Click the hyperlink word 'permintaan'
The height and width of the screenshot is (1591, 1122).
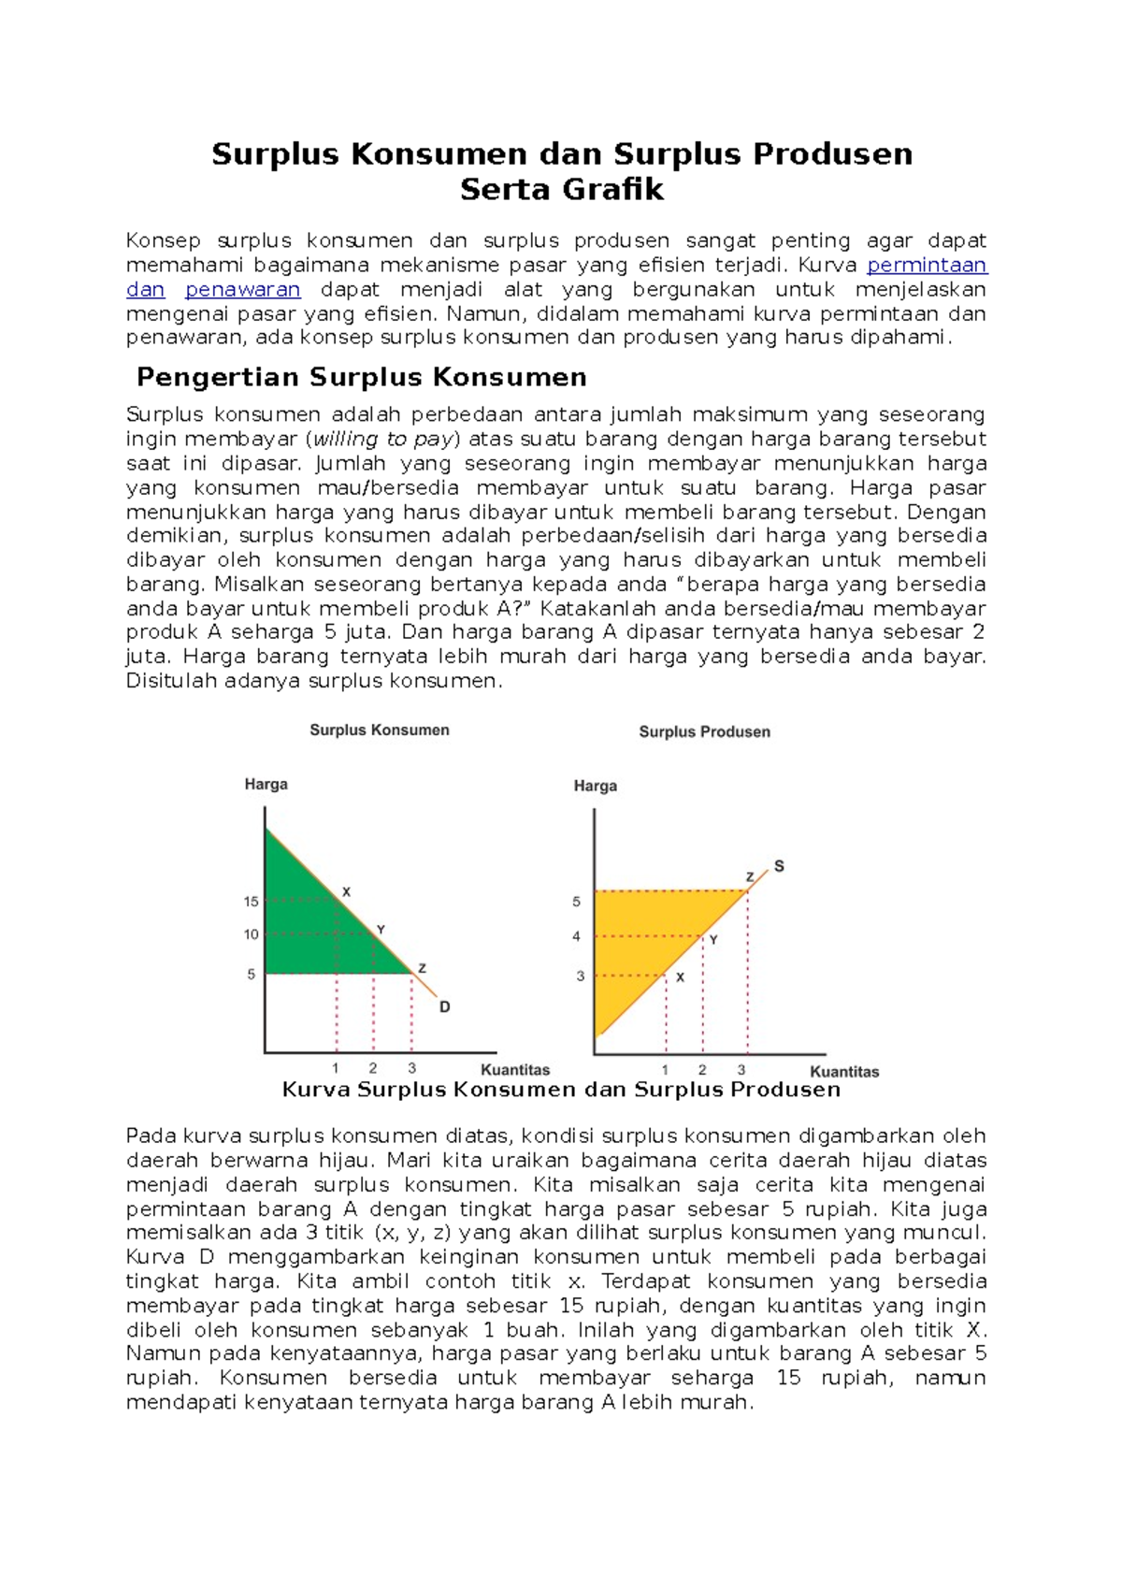pos(927,266)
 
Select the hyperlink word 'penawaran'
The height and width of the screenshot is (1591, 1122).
pos(242,290)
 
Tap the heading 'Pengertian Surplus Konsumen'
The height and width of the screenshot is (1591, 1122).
pos(361,377)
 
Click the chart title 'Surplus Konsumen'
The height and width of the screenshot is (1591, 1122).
pos(380,730)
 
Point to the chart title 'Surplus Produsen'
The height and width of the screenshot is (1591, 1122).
pos(705,732)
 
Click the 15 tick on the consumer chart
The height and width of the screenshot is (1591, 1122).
pos(252,902)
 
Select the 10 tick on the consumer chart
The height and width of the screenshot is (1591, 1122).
pos(252,934)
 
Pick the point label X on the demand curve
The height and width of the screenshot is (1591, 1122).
pos(346,892)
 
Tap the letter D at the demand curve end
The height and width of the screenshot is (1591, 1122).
pos(445,1007)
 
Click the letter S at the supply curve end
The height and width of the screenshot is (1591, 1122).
pos(779,866)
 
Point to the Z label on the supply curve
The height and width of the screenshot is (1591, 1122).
pos(750,877)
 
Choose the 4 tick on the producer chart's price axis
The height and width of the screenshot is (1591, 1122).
pos(577,936)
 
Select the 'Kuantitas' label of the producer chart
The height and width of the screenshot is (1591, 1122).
pos(844,1072)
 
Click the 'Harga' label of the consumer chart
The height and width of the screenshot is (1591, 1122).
pos(266,785)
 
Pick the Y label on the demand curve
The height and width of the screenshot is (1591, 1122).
pos(381,930)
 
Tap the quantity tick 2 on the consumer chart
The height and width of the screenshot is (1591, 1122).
pos(373,1068)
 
